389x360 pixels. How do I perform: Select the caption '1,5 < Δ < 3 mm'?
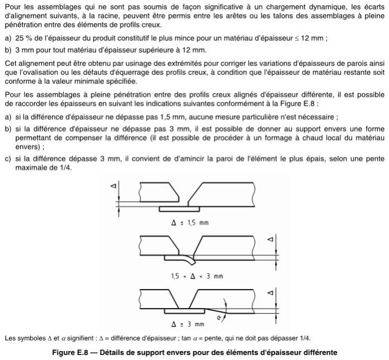click(x=190, y=276)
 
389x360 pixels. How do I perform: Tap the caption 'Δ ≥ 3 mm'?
click(x=188, y=324)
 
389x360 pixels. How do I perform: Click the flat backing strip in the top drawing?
click(x=178, y=209)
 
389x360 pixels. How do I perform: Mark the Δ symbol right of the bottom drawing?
click(x=271, y=292)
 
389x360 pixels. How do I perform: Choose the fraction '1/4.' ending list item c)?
click(x=64, y=169)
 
